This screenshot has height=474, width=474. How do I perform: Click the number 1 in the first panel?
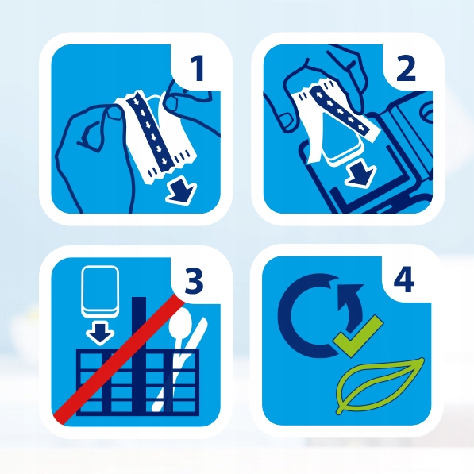(x=198, y=70)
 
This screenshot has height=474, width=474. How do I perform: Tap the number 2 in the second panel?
(x=406, y=70)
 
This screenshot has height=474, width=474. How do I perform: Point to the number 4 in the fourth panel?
(x=406, y=282)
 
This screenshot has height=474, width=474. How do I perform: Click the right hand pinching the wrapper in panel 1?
(x=191, y=104)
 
